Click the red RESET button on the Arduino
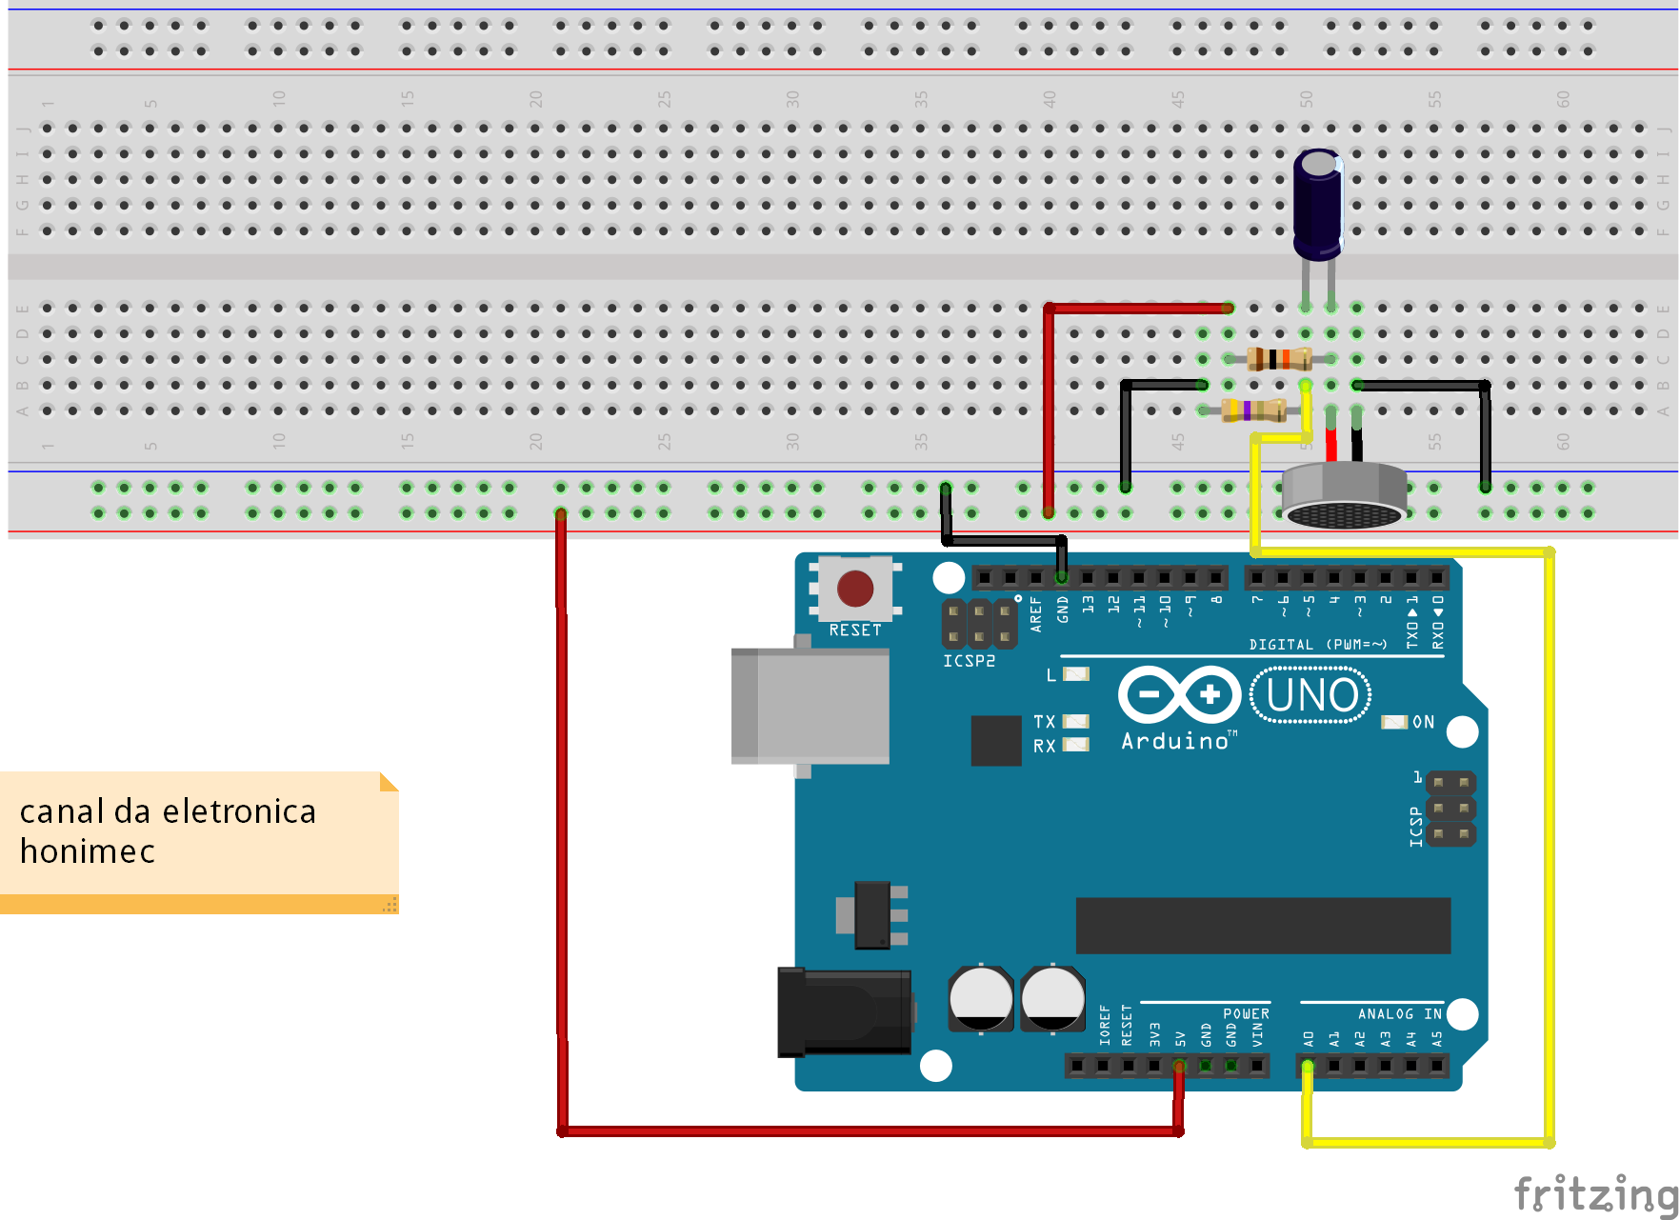pos(854,589)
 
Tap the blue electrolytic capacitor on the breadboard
pos(1318,205)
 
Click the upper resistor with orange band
pos(1279,359)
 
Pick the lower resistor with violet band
pos(1253,410)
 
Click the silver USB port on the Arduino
pos(810,706)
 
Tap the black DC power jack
pos(844,1011)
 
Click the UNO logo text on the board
pos(1311,695)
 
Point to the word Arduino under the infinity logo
pos(1175,741)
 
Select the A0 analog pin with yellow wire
pos(1308,1066)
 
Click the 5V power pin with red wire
pos(1179,1066)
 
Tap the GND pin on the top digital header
pos(1061,577)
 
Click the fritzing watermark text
pos(1594,1193)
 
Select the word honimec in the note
pos(87,851)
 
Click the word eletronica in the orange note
pos(239,811)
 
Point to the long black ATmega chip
pos(1262,925)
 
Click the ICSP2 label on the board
pos(969,661)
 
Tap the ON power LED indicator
pos(1394,722)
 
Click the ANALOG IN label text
pos(1399,1014)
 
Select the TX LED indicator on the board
pos(1075,721)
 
